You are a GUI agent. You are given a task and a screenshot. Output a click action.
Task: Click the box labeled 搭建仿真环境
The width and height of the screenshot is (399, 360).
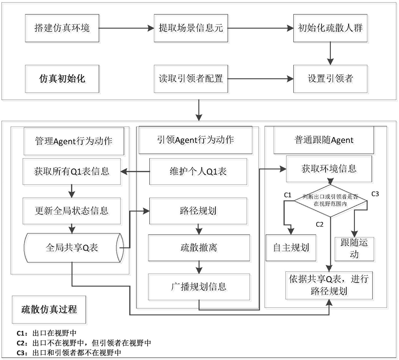(x=62, y=29)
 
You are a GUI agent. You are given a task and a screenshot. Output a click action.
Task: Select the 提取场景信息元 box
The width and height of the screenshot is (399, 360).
(x=188, y=29)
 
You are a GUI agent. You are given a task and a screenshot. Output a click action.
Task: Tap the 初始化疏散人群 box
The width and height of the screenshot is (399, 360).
(x=330, y=29)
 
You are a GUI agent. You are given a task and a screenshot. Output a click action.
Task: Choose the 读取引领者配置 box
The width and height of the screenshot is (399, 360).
(x=188, y=78)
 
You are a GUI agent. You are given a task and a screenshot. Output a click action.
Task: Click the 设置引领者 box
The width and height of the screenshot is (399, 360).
(x=330, y=78)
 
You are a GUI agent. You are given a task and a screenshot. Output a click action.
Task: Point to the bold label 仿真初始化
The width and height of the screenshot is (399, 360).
(x=62, y=79)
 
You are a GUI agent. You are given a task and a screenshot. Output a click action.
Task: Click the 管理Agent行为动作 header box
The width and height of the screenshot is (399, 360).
(x=74, y=140)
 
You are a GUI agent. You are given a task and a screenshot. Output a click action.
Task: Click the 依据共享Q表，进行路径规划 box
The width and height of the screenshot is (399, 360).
(x=330, y=286)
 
